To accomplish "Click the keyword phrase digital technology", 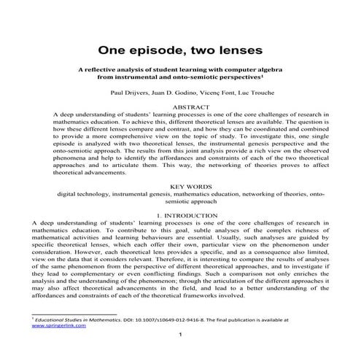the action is click(87, 195).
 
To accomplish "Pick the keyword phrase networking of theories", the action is click(271, 195).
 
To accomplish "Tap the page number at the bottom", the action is click(180, 335).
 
